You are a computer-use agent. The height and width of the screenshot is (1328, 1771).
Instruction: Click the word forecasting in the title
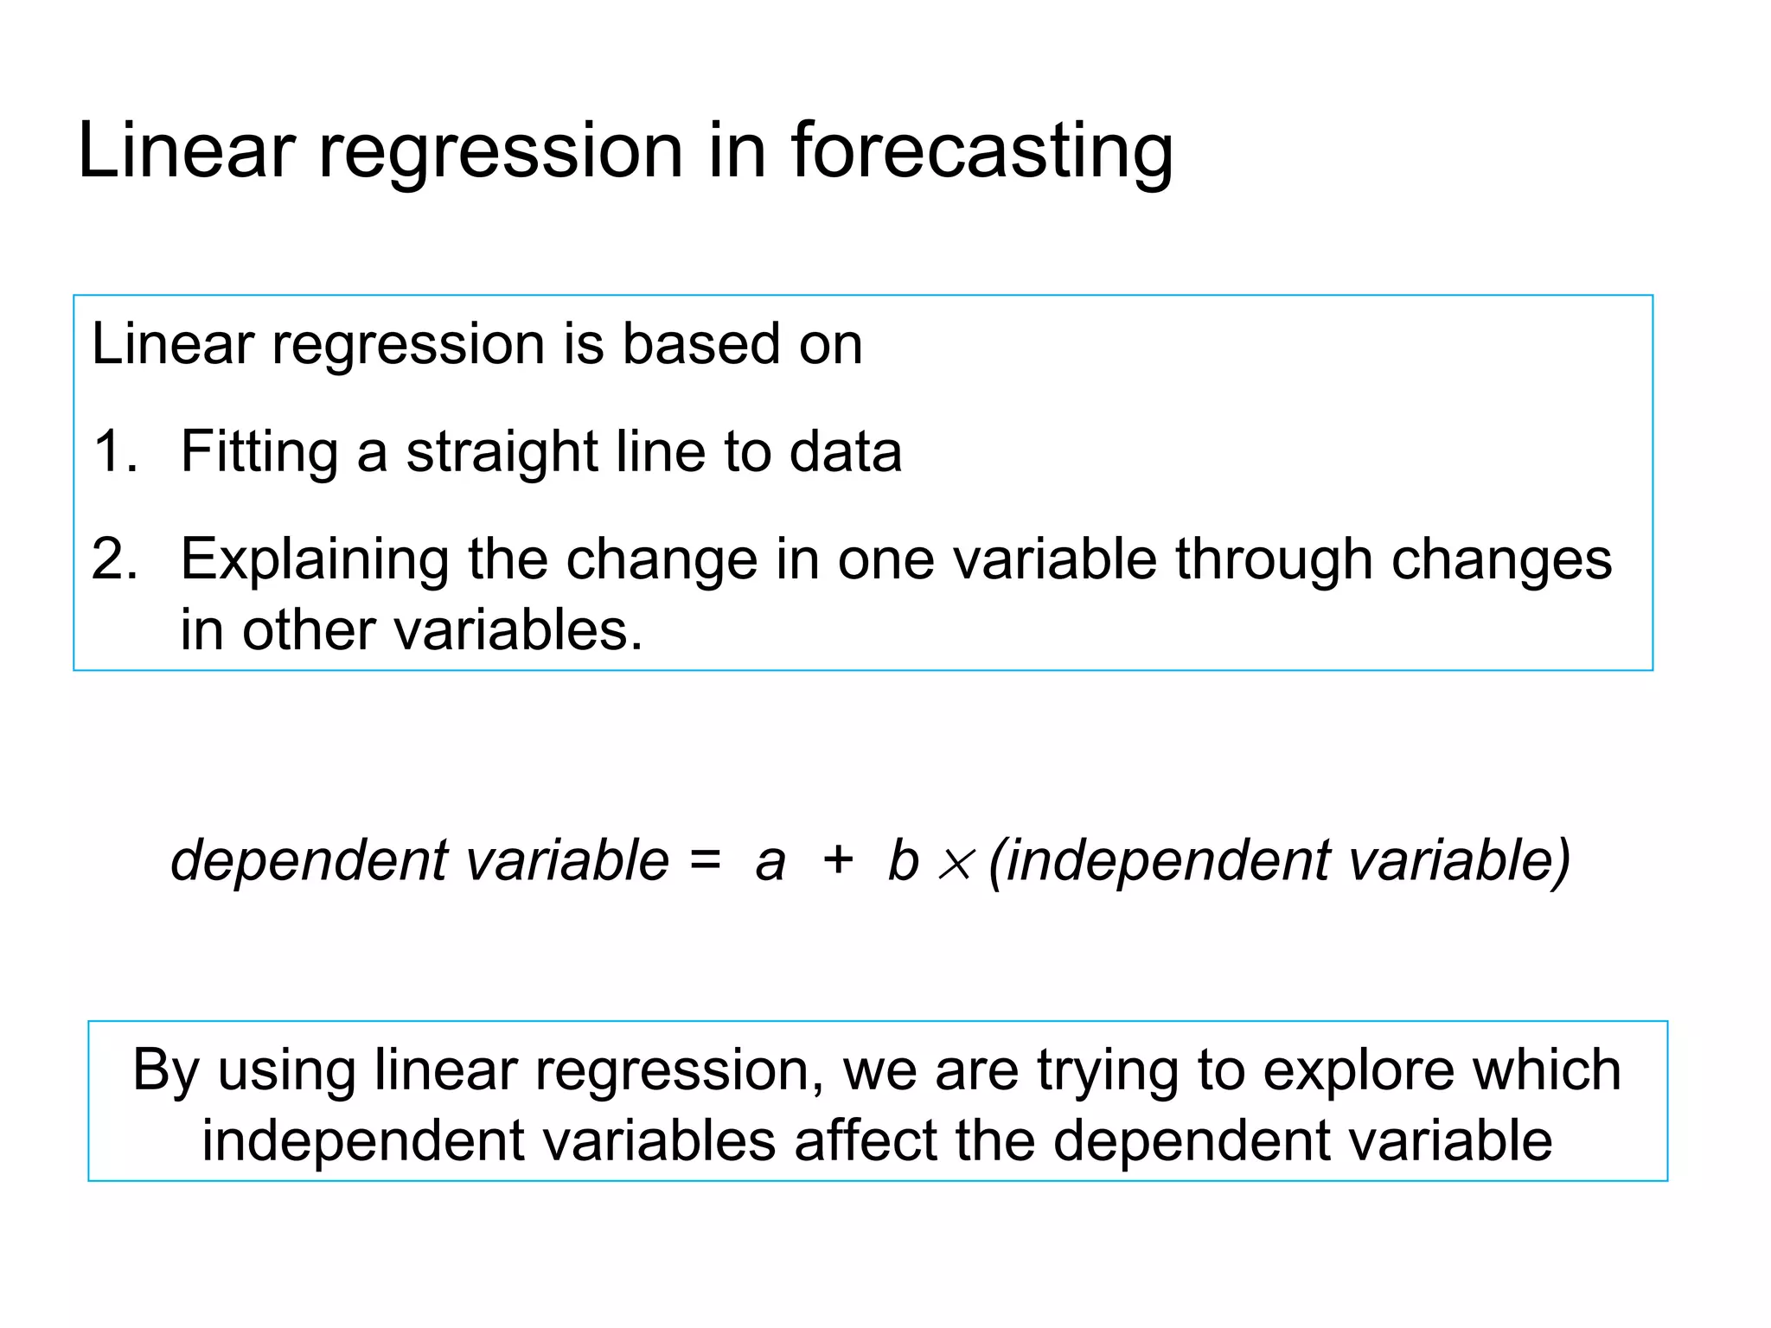981,152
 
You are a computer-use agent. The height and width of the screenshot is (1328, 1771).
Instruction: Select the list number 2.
113,559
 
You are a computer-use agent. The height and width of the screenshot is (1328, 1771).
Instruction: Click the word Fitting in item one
259,451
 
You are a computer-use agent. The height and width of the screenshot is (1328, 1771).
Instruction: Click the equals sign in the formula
705,861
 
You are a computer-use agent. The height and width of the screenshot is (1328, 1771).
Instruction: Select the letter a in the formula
770,863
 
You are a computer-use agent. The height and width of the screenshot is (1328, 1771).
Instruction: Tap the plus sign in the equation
837,861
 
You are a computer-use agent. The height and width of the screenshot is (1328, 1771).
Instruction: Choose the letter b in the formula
902,861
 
